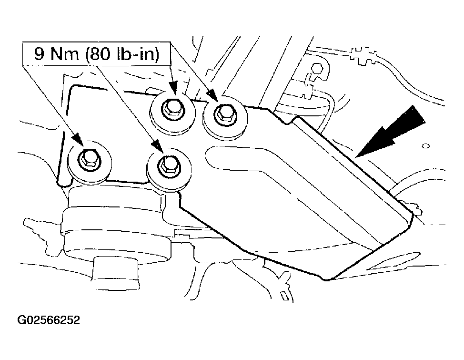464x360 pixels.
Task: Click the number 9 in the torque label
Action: [39, 54]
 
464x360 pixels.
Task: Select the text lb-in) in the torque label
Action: [138, 54]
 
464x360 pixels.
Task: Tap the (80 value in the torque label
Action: [100, 54]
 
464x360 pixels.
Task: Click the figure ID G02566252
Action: [49, 320]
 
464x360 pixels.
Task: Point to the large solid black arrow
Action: [391, 132]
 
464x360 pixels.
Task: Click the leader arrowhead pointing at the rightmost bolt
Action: [212, 94]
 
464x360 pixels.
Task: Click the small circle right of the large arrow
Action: [425, 146]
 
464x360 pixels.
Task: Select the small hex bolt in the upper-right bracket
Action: [317, 69]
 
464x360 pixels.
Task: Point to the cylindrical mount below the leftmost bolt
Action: [115, 225]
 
